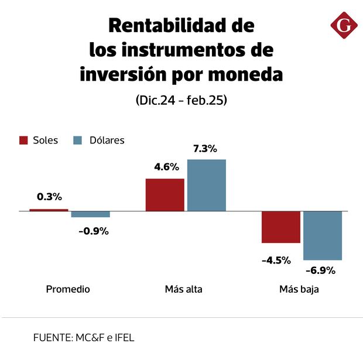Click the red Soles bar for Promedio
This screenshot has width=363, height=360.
[49, 210]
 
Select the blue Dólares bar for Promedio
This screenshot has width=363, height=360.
[91, 214]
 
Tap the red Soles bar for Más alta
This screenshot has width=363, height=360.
[165, 194]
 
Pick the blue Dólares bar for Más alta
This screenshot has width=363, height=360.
[206, 185]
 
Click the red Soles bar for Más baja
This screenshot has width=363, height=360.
[281, 227]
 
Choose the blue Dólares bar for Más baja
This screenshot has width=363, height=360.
[323, 235]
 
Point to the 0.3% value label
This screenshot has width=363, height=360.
[49, 197]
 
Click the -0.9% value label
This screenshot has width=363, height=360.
[94, 231]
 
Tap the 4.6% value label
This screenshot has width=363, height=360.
[166, 167]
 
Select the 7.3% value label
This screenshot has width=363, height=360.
[206, 149]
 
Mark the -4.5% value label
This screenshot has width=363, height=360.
[276, 260]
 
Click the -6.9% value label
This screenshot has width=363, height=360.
[320, 270]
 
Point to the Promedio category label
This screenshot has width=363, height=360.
[68, 289]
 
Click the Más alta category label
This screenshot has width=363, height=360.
[184, 289]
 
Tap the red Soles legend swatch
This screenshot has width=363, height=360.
[24, 140]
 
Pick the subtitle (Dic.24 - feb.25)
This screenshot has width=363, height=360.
[181, 100]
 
